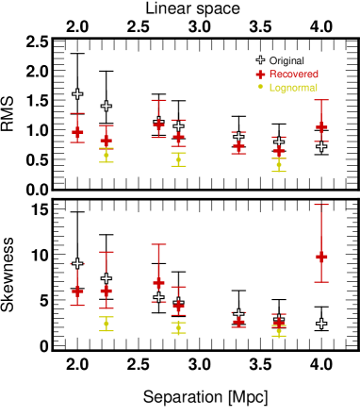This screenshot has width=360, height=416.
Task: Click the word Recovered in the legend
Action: (293, 74)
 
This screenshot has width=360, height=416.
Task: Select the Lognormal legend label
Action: (293, 87)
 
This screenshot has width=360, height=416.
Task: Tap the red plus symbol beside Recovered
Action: (260, 74)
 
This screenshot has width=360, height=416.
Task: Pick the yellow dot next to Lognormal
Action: (260, 87)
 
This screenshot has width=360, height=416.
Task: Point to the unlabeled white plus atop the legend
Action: (260, 59)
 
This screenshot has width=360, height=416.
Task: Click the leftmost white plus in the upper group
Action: (77, 93)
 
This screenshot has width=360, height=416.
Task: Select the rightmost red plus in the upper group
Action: (321, 126)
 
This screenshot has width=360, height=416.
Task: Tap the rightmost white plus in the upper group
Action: (321, 146)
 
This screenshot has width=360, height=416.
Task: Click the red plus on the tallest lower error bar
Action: (321, 256)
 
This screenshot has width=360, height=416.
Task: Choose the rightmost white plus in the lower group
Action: (321, 324)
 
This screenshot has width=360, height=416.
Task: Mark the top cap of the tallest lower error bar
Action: (321, 205)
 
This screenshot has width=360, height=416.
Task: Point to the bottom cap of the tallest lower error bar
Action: (321, 281)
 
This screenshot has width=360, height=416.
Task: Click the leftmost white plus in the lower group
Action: (77, 263)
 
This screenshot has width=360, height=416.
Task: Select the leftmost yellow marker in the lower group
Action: (106, 324)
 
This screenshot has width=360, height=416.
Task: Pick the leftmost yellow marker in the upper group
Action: (106, 155)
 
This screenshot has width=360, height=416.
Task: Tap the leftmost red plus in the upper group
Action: (77, 131)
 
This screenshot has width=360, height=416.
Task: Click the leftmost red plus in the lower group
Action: (77, 291)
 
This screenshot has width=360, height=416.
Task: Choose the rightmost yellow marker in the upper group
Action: (278, 164)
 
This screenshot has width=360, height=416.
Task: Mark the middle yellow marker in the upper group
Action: (178, 159)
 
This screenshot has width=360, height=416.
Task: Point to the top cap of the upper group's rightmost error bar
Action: (321, 100)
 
